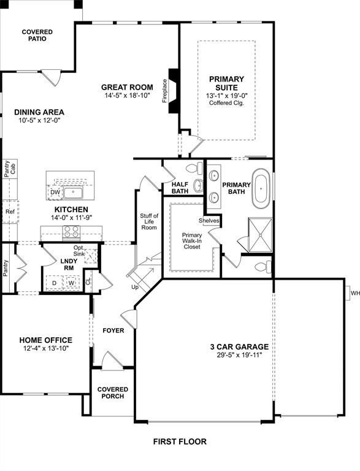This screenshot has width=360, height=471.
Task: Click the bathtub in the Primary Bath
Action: pyautogui.click(x=262, y=188)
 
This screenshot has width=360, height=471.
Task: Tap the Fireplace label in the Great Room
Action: pyautogui.click(x=164, y=90)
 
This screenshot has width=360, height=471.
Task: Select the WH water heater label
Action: pyautogui.click(x=354, y=293)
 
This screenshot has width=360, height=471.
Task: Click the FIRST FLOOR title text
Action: pyautogui.click(x=180, y=441)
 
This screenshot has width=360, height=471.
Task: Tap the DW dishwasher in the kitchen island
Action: pyautogui.click(x=55, y=193)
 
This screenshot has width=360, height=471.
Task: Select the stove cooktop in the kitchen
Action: pyautogui.click(x=71, y=232)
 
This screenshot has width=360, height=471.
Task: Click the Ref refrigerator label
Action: pyautogui.click(x=10, y=212)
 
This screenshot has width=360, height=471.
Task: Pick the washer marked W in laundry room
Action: pyautogui.click(x=71, y=283)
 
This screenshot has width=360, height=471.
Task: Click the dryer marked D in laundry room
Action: pyautogui.click(x=55, y=283)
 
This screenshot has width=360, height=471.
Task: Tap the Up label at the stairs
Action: pyautogui.click(x=135, y=286)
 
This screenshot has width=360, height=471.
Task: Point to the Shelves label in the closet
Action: pyautogui.click(x=209, y=221)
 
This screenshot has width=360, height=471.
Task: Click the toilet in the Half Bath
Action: pyautogui.click(x=194, y=167)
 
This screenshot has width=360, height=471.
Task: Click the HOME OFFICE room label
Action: pyautogui.click(x=45, y=340)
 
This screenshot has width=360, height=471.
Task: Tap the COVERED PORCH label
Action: pyautogui.click(x=112, y=392)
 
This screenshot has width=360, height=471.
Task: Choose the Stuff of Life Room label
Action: pyautogui.click(x=149, y=221)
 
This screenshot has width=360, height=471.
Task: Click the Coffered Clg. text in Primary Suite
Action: pyautogui.click(x=226, y=104)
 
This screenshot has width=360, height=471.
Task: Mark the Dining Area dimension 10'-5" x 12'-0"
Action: pyautogui.click(x=39, y=121)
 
